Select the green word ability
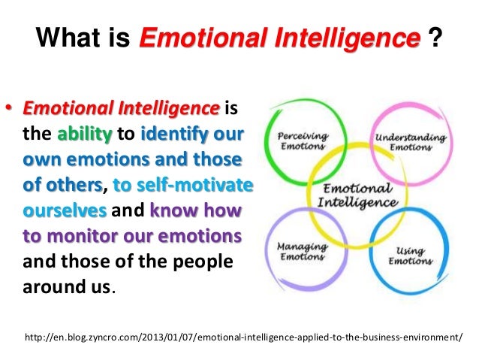pyautogui.click(x=84, y=137)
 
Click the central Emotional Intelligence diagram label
pyautogui.click(x=358, y=195)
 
